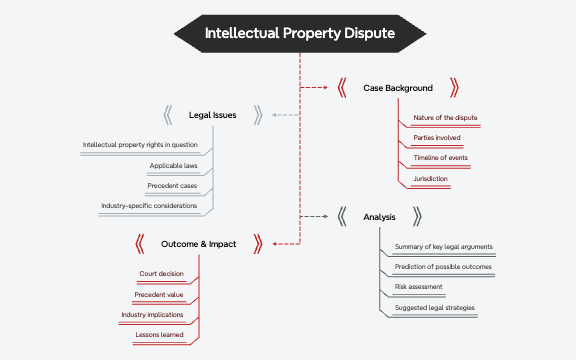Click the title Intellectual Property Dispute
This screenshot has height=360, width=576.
[x=299, y=33]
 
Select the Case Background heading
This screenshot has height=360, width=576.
[x=398, y=88]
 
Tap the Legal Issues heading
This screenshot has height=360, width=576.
[x=212, y=115]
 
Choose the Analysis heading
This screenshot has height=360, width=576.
[x=379, y=215]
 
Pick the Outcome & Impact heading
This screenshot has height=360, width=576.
[x=198, y=243]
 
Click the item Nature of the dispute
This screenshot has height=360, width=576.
[x=445, y=118]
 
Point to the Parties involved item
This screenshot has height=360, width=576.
[x=438, y=138]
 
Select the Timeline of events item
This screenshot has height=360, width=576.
[x=440, y=158]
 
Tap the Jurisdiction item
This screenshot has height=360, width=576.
[x=430, y=178]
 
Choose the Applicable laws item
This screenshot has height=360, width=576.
[x=173, y=165]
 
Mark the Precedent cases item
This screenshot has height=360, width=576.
[x=172, y=186]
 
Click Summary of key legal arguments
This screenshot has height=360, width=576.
[x=443, y=247]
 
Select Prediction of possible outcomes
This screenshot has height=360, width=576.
[x=443, y=267]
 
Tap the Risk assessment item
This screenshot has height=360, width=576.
[x=418, y=287]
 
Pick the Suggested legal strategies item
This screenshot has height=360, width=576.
[x=434, y=307]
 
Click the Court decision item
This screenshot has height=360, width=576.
[x=161, y=274]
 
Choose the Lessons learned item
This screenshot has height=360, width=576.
[x=159, y=334]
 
